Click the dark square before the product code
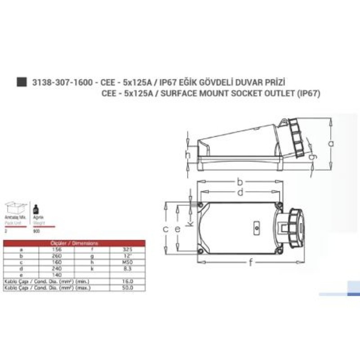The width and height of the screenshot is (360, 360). (20, 82)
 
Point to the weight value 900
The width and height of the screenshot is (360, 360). (36, 230)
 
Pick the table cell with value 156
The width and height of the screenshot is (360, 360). (56, 248)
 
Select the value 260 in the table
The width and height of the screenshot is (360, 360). (56, 255)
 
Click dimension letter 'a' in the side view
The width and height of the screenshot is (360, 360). (331, 143)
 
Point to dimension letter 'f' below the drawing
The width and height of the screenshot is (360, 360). (250, 264)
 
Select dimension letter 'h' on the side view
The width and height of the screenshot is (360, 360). (188, 155)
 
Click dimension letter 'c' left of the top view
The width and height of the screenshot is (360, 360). (166, 229)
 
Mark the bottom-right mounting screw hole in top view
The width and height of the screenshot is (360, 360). (279, 251)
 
